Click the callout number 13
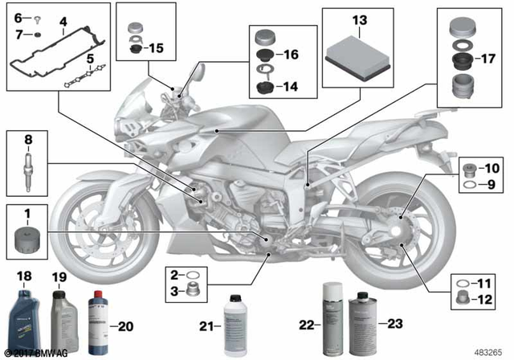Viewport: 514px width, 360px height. click(358, 18)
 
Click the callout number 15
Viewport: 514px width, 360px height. click(154, 49)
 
